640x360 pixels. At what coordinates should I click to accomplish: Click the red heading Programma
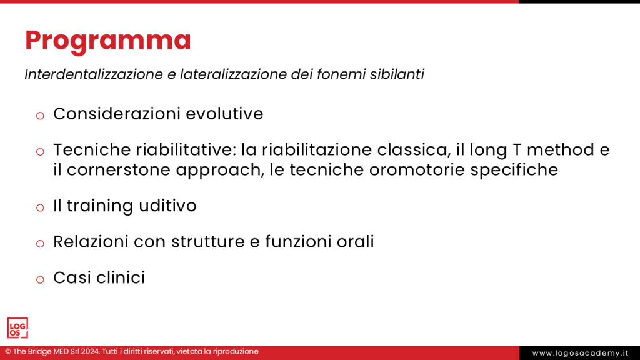[107, 41]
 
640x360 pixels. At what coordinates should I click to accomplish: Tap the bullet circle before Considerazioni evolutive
[40, 115]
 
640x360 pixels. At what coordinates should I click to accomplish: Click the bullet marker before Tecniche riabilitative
[40, 151]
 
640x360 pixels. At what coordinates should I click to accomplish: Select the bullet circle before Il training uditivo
[40, 207]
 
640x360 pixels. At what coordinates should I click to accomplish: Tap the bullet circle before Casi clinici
[40, 279]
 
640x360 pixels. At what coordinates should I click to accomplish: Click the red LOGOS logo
[17, 328]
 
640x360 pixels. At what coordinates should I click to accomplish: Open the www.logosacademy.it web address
[579, 353]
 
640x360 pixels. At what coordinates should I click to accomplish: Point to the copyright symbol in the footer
[8, 352]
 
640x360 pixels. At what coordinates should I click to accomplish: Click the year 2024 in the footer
[87, 352]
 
